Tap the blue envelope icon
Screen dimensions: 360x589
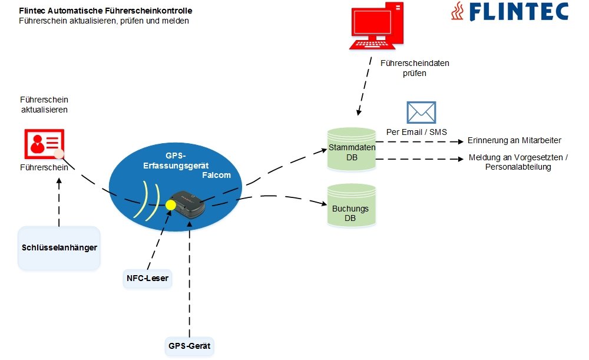tap(421, 112)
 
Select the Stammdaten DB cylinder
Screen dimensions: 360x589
tap(352, 148)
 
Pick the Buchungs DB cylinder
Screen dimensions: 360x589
tap(352, 205)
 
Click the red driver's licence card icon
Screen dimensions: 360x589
tap(44, 144)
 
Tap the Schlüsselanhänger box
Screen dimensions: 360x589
tap(59, 247)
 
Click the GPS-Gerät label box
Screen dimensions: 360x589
tap(190, 345)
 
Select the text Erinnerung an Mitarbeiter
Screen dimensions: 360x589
tap(514, 141)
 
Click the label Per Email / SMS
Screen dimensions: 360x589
tap(416, 131)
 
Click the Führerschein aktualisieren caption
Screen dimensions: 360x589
tap(44, 105)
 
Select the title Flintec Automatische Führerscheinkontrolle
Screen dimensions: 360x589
tap(105, 11)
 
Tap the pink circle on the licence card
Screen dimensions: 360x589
tap(59, 154)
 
